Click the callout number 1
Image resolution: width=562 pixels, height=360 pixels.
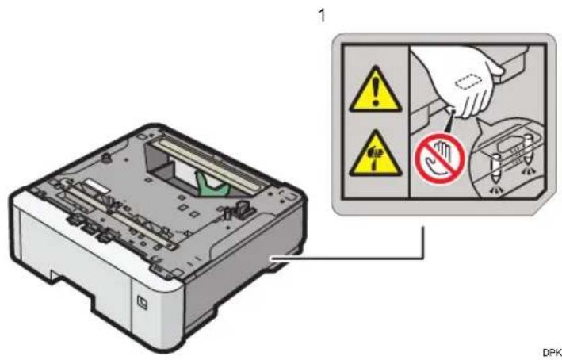322,16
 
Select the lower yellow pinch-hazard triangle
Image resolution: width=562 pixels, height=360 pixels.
375,155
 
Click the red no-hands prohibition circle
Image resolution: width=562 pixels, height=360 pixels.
440,159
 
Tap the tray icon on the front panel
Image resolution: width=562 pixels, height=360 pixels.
142,302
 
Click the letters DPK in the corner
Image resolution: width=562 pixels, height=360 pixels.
552,353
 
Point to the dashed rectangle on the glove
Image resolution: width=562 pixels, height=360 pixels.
468,82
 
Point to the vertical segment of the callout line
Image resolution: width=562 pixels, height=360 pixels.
423,242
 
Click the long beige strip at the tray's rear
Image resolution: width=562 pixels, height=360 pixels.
212,164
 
